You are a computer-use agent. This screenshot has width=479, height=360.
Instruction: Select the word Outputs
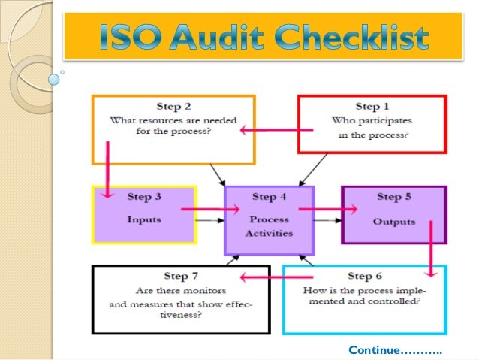393,222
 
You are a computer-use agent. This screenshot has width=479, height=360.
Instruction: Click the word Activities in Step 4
269,233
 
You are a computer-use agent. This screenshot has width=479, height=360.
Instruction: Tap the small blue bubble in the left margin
54,77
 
